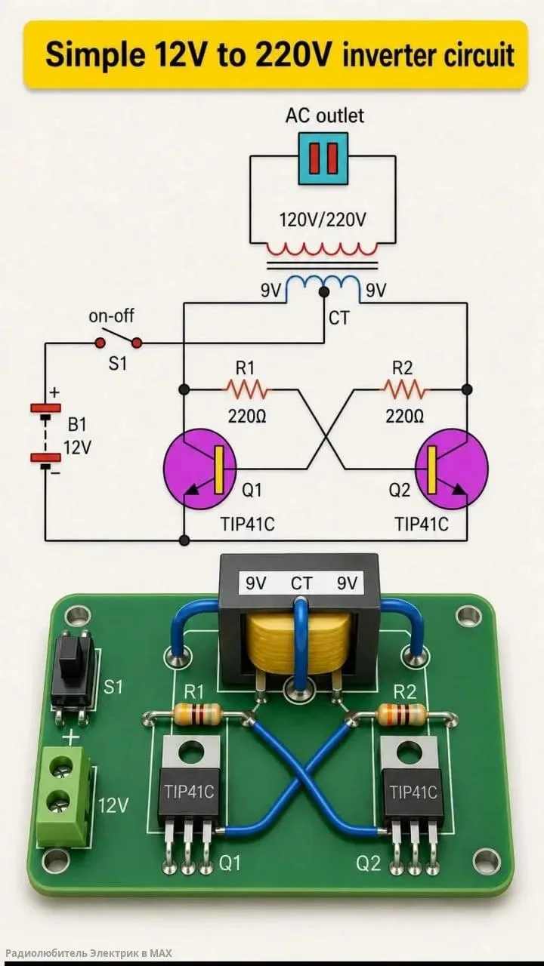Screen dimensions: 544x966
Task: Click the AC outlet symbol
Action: (x=323, y=158)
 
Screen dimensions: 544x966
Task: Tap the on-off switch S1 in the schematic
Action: (x=119, y=339)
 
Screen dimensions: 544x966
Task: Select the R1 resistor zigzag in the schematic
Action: (x=246, y=390)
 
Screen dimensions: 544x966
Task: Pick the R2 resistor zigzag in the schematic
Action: (x=403, y=390)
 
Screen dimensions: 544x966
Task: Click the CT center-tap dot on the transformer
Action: (x=323, y=292)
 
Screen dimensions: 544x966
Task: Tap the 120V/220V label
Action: (x=323, y=220)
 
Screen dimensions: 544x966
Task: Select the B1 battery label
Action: (x=77, y=426)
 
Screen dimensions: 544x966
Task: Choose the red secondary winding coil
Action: (x=322, y=249)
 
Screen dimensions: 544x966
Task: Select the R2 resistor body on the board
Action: (x=401, y=714)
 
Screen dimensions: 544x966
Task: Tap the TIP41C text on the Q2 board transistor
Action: (x=413, y=792)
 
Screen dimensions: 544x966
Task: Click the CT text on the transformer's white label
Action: (x=301, y=583)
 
